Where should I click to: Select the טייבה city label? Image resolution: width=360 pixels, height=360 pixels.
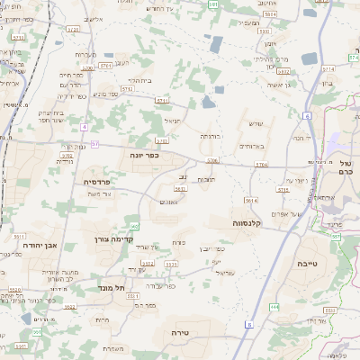tap(306, 264)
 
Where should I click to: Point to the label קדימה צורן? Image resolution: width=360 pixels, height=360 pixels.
tap(113, 239)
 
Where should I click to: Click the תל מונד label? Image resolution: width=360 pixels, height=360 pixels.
tap(112, 288)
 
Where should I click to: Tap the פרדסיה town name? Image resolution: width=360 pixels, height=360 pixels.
tap(96, 181)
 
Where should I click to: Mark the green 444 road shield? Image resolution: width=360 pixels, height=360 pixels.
tap(274, 308)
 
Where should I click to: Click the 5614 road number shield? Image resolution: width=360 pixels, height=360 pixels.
tap(251, 201)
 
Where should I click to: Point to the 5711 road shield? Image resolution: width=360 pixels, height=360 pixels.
tap(107, 66)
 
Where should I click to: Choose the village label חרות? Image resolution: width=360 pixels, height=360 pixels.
tap(102, 319)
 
